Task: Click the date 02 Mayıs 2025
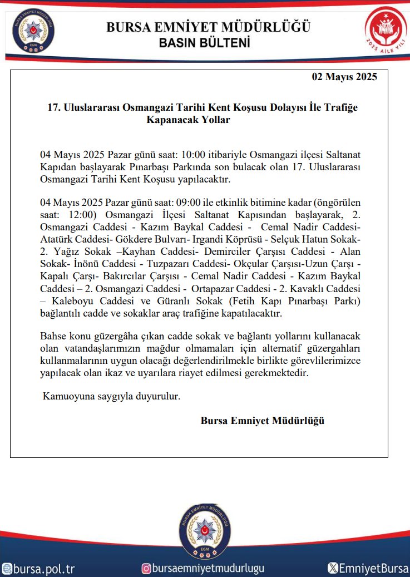(344, 77)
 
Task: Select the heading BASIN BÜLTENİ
(204, 43)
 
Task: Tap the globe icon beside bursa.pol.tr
(7, 569)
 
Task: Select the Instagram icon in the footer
(146, 568)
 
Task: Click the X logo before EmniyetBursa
(333, 568)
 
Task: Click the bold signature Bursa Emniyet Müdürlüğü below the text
(262, 421)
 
